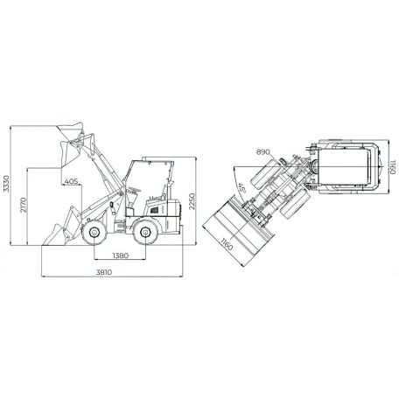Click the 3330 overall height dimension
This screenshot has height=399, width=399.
(6, 184)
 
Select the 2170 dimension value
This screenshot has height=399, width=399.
(24, 205)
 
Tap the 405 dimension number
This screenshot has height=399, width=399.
(71, 181)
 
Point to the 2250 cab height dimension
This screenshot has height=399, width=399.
(192, 201)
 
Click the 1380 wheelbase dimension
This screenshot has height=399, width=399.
(121, 255)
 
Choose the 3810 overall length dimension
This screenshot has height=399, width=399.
(104, 272)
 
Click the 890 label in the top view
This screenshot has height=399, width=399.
(263, 152)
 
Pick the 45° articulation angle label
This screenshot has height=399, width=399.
(242, 189)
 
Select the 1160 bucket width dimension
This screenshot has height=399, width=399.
(227, 244)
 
